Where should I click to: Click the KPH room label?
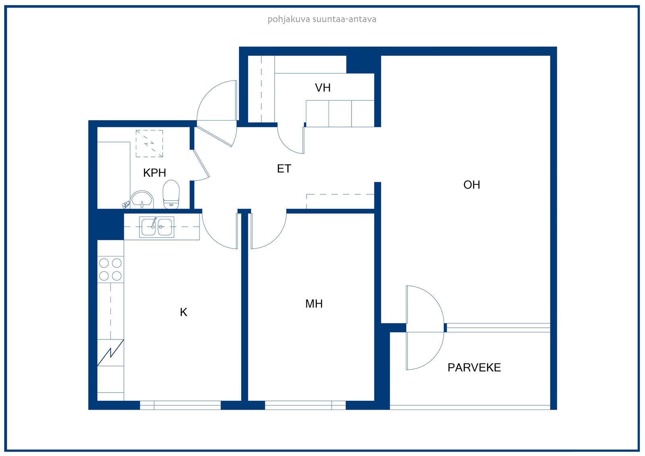pos(155,173)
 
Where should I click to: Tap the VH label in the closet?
pos(322,88)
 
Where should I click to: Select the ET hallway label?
pos(284,169)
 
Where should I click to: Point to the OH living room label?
pos(472,185)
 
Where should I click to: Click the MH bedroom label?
pos(314,304)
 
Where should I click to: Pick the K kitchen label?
pos(183,312)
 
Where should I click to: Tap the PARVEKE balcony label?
pos(474,368)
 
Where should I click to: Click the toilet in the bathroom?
pos(171,194)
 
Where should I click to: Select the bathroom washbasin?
pos(141,199)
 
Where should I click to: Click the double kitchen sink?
pos(157,227)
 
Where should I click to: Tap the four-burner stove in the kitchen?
pos(110,269)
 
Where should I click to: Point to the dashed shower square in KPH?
pos(149,144)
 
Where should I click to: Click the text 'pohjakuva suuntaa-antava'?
pos(322,19)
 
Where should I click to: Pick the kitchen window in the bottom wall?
pos(180,405)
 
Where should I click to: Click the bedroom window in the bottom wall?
pos(305,405)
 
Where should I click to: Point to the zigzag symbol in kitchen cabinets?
pos(110,353)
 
